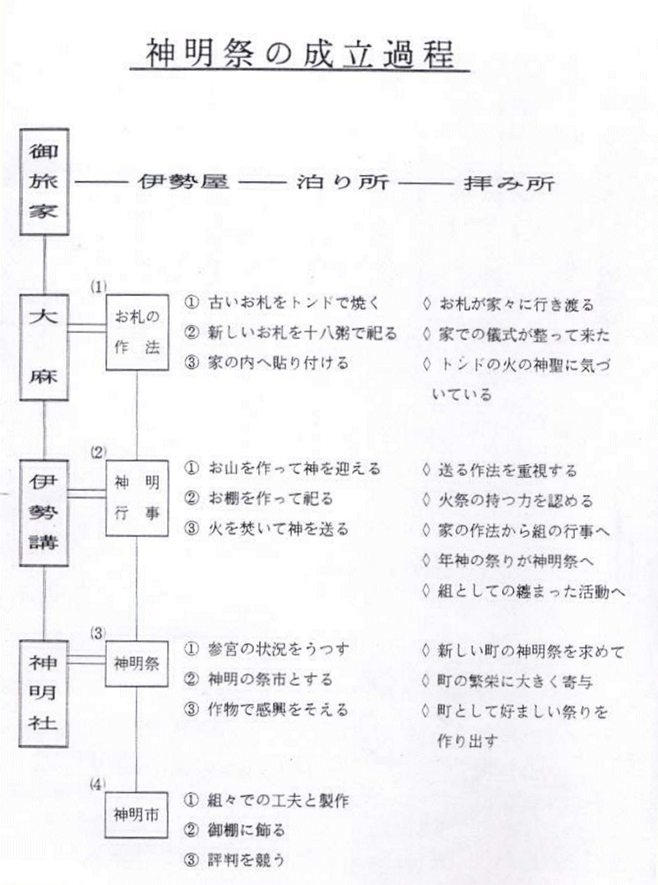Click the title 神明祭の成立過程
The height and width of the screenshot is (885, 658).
point(299,53)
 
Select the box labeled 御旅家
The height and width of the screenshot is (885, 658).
point(44,182)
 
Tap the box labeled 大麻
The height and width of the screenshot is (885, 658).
point(44,347)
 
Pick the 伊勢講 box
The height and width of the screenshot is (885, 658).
point(44,512)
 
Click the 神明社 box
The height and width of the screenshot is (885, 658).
point(44,693)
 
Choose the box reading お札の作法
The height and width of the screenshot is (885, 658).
point(137,332)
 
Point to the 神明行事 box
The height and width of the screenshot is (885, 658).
point(137,498)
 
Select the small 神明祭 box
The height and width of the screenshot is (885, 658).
point(137,663)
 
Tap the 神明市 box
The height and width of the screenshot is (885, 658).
point(136,815)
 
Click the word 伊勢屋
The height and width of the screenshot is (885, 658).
point(184,182)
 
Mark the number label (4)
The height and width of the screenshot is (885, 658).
point(98,784)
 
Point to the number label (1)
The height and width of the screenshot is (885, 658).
point(98,287)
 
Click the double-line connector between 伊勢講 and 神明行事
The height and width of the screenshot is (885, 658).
point(87,494)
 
